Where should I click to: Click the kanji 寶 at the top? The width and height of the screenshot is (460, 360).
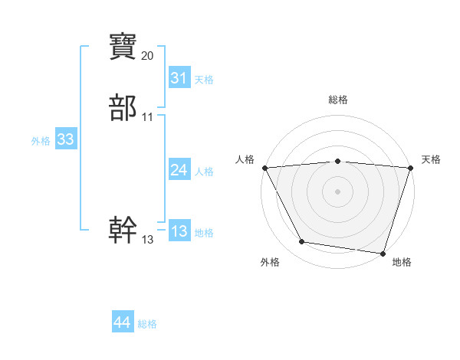coord(123,47)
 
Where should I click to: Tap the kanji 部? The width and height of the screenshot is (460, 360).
coord(123,109)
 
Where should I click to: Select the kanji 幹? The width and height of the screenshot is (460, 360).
coord(123,229)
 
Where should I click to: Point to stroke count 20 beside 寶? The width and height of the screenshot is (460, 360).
coord(148,56)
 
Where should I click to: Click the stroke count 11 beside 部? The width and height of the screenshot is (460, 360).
coord(148,117)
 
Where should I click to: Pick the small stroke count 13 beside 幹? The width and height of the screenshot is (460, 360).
coord(148,240)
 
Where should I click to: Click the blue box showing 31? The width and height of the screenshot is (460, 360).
coord(179,78)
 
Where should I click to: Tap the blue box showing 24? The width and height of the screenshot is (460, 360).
coord(179,170)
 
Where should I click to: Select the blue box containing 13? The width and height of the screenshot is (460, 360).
coord(179,231)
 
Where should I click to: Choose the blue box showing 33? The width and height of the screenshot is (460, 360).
coord(65,139)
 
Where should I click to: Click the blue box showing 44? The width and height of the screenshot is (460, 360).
coord(122,322)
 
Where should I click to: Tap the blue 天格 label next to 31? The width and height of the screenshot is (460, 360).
coord(204,80)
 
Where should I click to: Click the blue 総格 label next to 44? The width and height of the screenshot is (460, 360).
coord(147,324)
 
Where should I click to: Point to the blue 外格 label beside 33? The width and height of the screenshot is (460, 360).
coord(41,141)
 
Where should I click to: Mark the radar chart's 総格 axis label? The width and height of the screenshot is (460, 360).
coord(338,100)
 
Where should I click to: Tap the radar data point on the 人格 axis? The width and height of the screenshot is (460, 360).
coord(264,168)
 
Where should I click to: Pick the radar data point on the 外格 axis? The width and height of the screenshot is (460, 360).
coord(302,242)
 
